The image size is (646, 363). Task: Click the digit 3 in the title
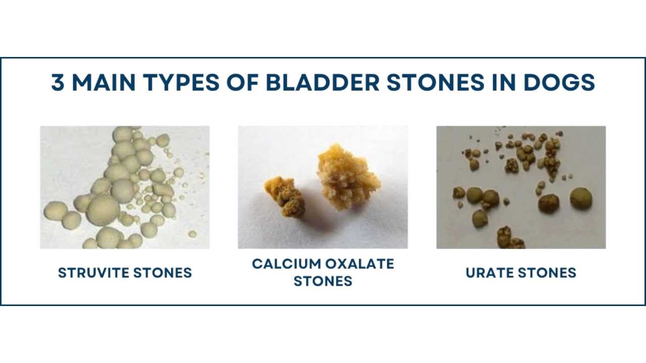coord(58,82)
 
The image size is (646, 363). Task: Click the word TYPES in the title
coord(181,82)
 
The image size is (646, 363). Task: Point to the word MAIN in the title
coord(103,82)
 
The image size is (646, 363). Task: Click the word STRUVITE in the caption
coord(94,273)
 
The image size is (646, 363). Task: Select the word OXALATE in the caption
coord(360,264)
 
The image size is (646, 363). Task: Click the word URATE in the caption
coord(490,273)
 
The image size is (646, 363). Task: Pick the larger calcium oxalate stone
coord(348,176)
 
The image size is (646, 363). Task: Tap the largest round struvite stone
coord(103,209)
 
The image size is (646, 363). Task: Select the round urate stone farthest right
coord(581,198)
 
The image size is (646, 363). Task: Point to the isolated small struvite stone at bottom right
coord(192,234)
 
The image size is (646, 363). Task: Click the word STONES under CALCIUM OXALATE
coord(323,281)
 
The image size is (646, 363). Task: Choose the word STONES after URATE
coord(547,273)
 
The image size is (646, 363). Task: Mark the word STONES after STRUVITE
coord(163,273)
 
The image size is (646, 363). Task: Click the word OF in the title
coord(243,82)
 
